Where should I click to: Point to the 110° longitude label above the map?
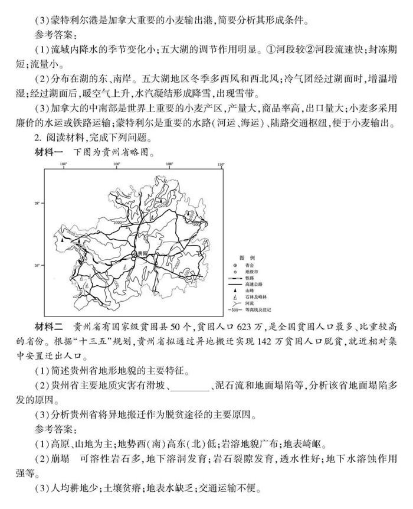click(221, 165)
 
